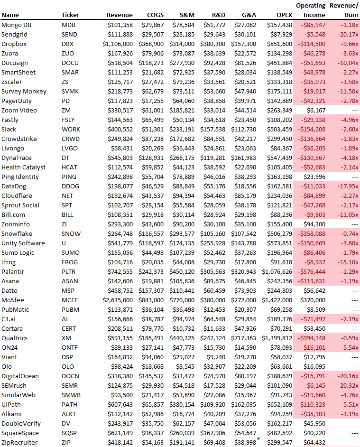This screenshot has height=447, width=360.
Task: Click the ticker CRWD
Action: tap(70, 139)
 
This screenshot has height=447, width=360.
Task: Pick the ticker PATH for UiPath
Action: tap(69, 404)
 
